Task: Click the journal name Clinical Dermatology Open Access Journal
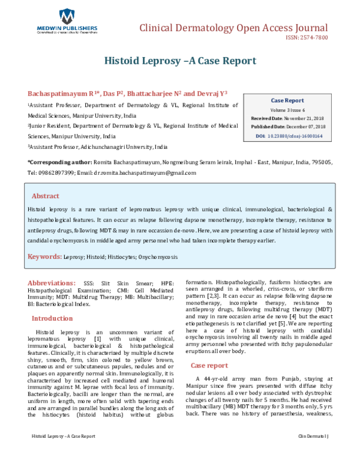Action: (233, 28)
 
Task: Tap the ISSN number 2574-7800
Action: (307, 40)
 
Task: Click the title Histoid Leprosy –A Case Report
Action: (180, 61)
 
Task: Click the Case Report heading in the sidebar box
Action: (287, 100)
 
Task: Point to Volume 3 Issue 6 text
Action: (287, 110)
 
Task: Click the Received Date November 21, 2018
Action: (287, 119)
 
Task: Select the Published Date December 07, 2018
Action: (287, 127)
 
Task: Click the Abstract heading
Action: (46, 196)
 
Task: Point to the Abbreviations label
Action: (51, 282)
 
